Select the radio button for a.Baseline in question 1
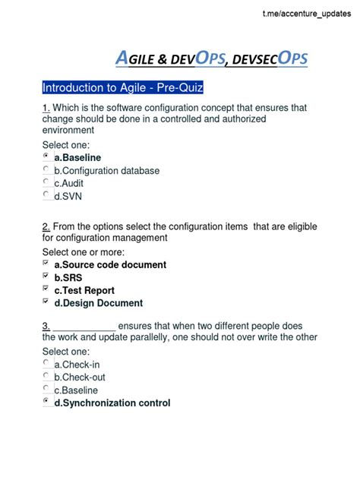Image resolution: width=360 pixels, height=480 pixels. tap(47, 156)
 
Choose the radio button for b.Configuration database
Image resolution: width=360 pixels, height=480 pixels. tap(47, 169)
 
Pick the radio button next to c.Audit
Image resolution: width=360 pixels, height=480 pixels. tap(47, 182)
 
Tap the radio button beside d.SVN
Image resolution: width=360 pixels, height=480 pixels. tap(47, 195)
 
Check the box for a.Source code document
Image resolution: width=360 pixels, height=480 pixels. tap(47, 264)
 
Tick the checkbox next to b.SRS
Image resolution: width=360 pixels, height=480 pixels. tap(47, 277)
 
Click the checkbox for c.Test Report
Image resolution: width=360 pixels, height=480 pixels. tap(47, 289)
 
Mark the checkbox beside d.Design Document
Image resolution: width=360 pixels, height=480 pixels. tap(47, 302)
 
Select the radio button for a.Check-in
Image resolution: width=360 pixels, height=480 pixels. tap(47, 364)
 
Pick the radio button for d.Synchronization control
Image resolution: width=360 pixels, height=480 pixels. tap(47, 403)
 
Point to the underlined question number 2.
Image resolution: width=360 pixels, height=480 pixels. tap(46, 227)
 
